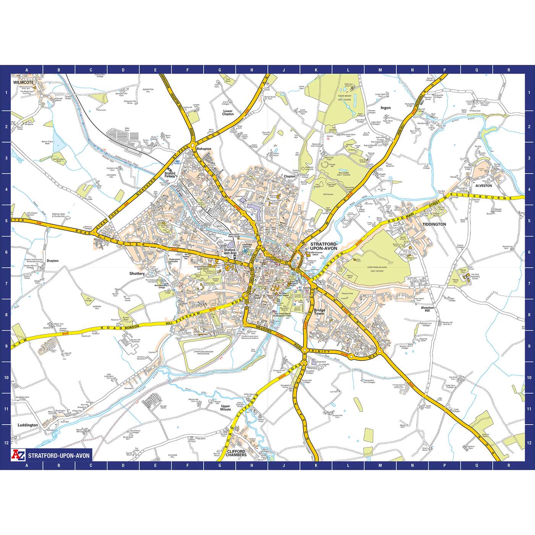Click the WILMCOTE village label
[24, 82]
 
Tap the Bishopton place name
[203, 149]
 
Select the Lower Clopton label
[228, 112]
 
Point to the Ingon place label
[386, 108]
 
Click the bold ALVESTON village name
[483, 185]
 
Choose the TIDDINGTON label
[434, 224]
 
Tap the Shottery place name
[137, 274]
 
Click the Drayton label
[53, 261]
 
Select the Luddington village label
[28, 425]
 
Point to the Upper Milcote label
[225, 407]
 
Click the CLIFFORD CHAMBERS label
[236, 453]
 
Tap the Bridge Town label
[319, 312]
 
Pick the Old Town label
[257, 297]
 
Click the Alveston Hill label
[427, 309]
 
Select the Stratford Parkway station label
[170, 175]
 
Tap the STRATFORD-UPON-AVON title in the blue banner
[59, 456]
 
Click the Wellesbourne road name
[485, 198]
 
